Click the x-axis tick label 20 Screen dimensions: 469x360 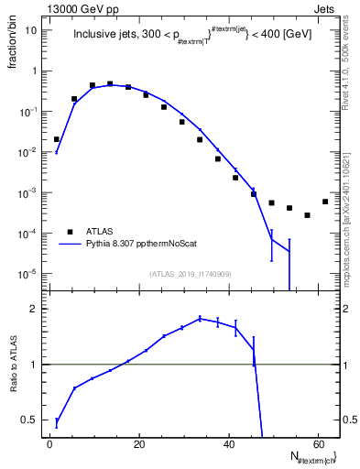tap(139, 443)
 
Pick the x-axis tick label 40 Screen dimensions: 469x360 tap(229, 443)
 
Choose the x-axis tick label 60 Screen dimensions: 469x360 tap(318, 443)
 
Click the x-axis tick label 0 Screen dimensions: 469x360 tap(50, 443)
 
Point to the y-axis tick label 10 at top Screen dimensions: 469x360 tap(30, 30)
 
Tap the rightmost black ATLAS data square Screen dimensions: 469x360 tap(325, 202)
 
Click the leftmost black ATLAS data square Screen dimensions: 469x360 tap(57, 140)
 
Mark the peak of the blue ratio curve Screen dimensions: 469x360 tap(200, 319)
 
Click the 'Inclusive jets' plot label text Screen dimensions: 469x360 tap(104, 36)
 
